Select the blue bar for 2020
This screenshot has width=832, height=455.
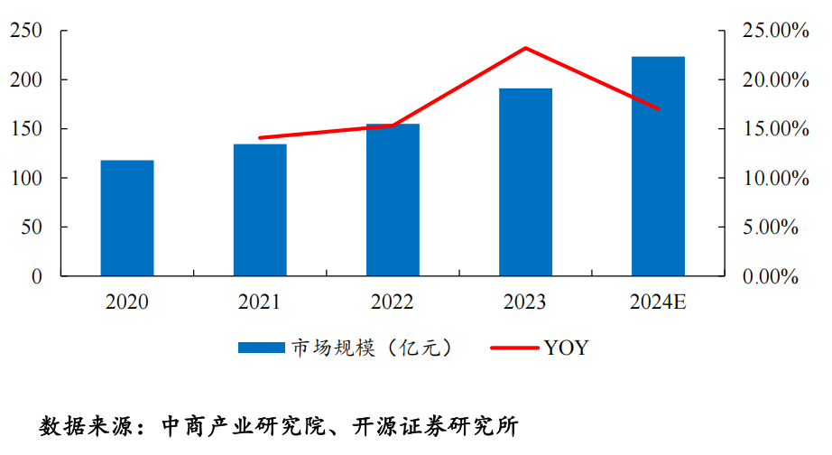pos(127,218)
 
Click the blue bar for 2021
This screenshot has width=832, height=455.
pos(260,209)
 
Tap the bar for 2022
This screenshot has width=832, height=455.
pos(393,200)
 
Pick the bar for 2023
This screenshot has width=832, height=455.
pos(525,181)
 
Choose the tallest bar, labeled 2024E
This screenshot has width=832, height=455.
pos(658,166)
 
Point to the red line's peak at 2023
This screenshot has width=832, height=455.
pos(525,48)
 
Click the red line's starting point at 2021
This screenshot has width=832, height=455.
pos(260,138)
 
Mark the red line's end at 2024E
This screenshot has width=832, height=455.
pos(659,109)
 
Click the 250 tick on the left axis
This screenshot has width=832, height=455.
pos(26,32)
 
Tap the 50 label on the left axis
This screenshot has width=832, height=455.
pos(32,227)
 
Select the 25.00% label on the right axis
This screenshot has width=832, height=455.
pos(770,32)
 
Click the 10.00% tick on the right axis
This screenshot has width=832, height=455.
pos(770,179)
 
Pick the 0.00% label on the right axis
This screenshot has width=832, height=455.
pos(773,277)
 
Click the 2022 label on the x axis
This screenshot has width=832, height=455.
pos(393,302)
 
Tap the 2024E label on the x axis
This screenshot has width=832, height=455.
pos(659,302)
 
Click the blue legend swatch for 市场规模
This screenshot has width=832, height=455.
pos(262,348)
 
